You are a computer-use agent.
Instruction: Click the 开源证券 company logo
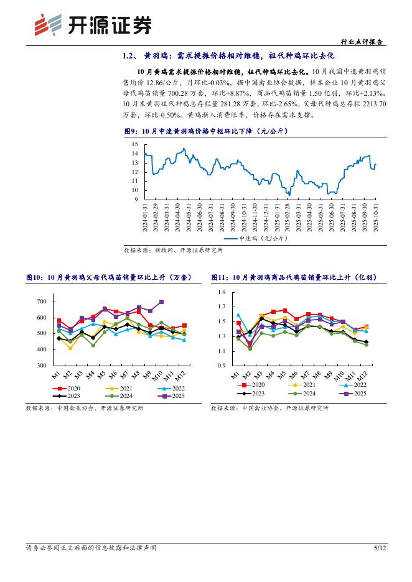pyautogui.click(x=92, y=25)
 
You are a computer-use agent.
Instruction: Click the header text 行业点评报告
pyautogui.click(x=363, y=42)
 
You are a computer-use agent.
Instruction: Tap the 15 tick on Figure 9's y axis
pyautogui.click(x=134, y=144)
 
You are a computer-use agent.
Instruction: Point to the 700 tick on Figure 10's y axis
pyautogui.click(x=42, y=302)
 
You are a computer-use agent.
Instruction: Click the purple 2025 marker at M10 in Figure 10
pyautogui.click(x=161, y=302)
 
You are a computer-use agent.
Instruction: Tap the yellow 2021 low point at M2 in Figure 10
pyautogui.click(x=70, y=348)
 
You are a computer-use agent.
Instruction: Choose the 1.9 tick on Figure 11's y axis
pyautogui.click(x=222, y=292)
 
